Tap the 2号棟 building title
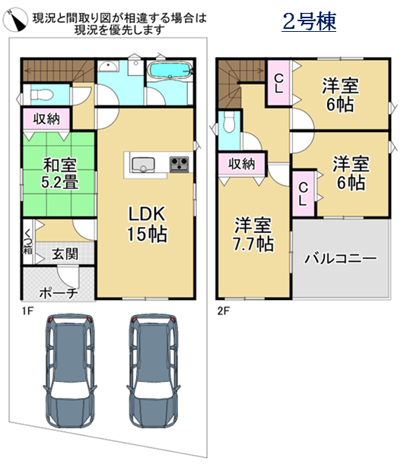[x=309, y=21]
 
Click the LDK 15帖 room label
[x=147, y=224]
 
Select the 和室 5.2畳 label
[x=60, y=174]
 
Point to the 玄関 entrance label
[x=65, y=254]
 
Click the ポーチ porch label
[x=59, y=293]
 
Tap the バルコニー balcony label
[x=341, y=258]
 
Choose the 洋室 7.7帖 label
[x=253, y=235]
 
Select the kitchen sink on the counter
[x=144, y=165]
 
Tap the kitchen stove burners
[x=180, y=164]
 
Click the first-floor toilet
[x=42, y=96]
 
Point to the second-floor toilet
[x=229, y=122]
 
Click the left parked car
[x=71, y=371]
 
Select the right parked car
[x=154, y=371]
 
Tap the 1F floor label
[x=27, y=311]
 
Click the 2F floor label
[x=224, y=311]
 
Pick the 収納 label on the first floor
[x=46, y=119]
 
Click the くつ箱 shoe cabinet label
[x=28, y=241]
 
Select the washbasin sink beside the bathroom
[x=109, y=66]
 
